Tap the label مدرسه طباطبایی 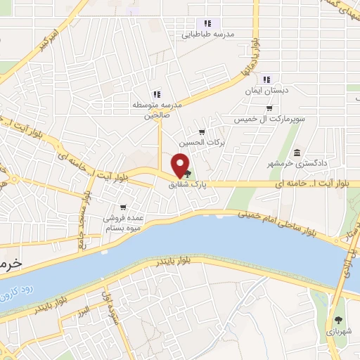pyautogui.click(x=208, y=34)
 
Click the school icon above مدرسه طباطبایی pyautogui.click(x=207, y=23)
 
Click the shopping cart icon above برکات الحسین pyautogui.click(x=202, y=132)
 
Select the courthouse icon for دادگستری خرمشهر pyautogui.click(x=297, y=153)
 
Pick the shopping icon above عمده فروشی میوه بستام pyautogui.click(x=123, y=207)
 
